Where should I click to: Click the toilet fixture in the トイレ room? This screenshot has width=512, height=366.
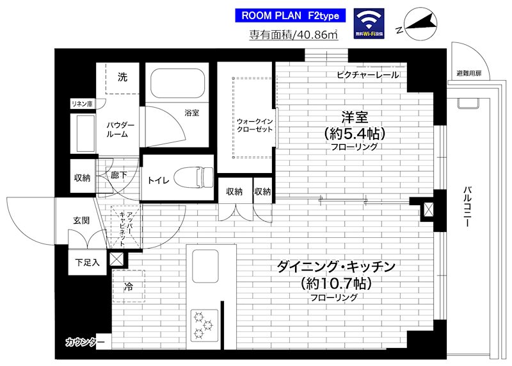point(196,176)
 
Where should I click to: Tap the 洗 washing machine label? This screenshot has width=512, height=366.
point(122,77)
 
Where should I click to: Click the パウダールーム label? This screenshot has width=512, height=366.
point(120,128)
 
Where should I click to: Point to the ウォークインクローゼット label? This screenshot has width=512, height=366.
point(254,124)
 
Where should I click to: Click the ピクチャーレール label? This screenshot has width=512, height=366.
point(367,76)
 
